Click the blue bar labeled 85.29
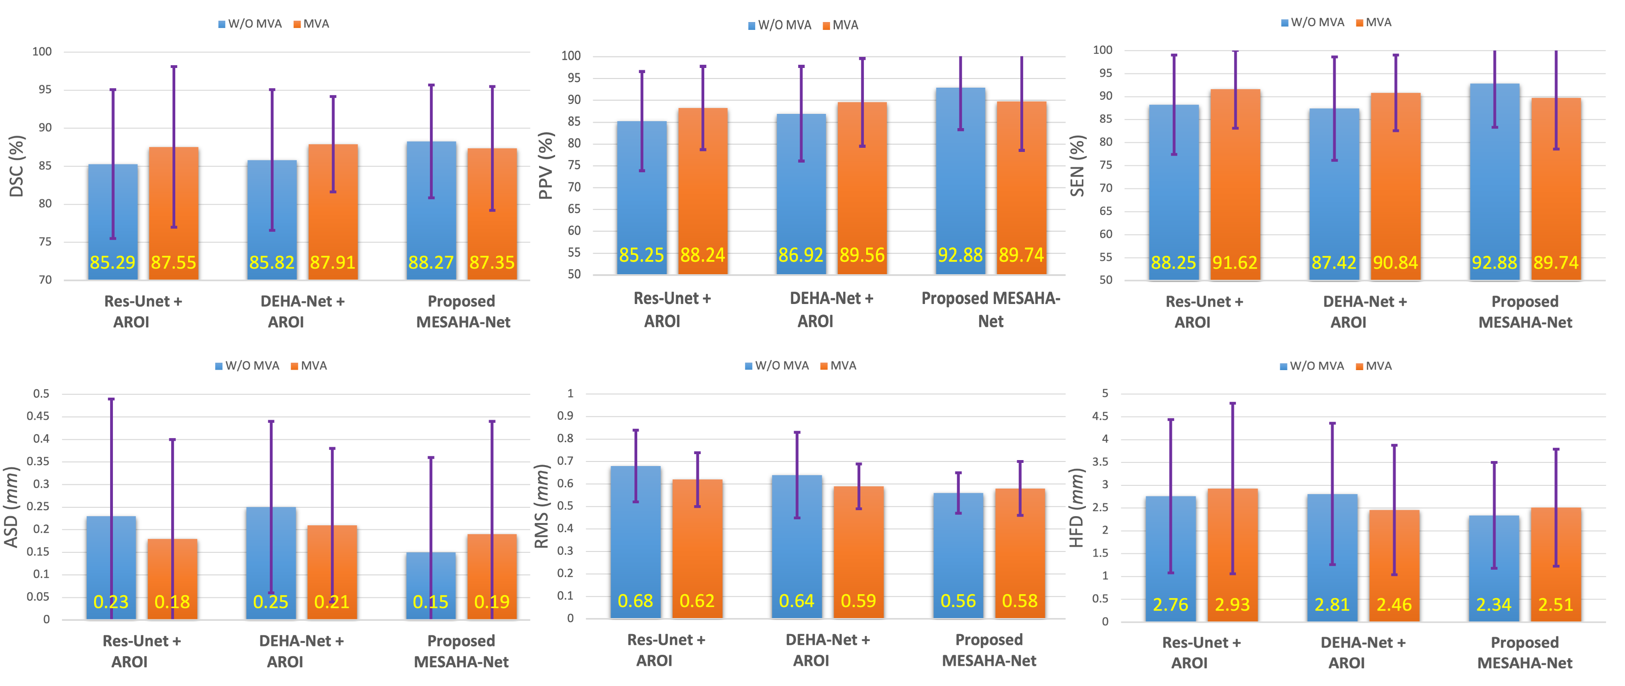(x=113, y=221)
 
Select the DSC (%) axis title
(x=17, y=166)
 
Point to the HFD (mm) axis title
(x=1076, y=508)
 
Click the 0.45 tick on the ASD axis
(x=37, y=416)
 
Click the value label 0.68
(x=635, y=601)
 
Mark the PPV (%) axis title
(x=545, y=166)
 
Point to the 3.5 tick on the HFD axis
(x=1100, y=462)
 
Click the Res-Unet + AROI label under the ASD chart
(x=142, y=651)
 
